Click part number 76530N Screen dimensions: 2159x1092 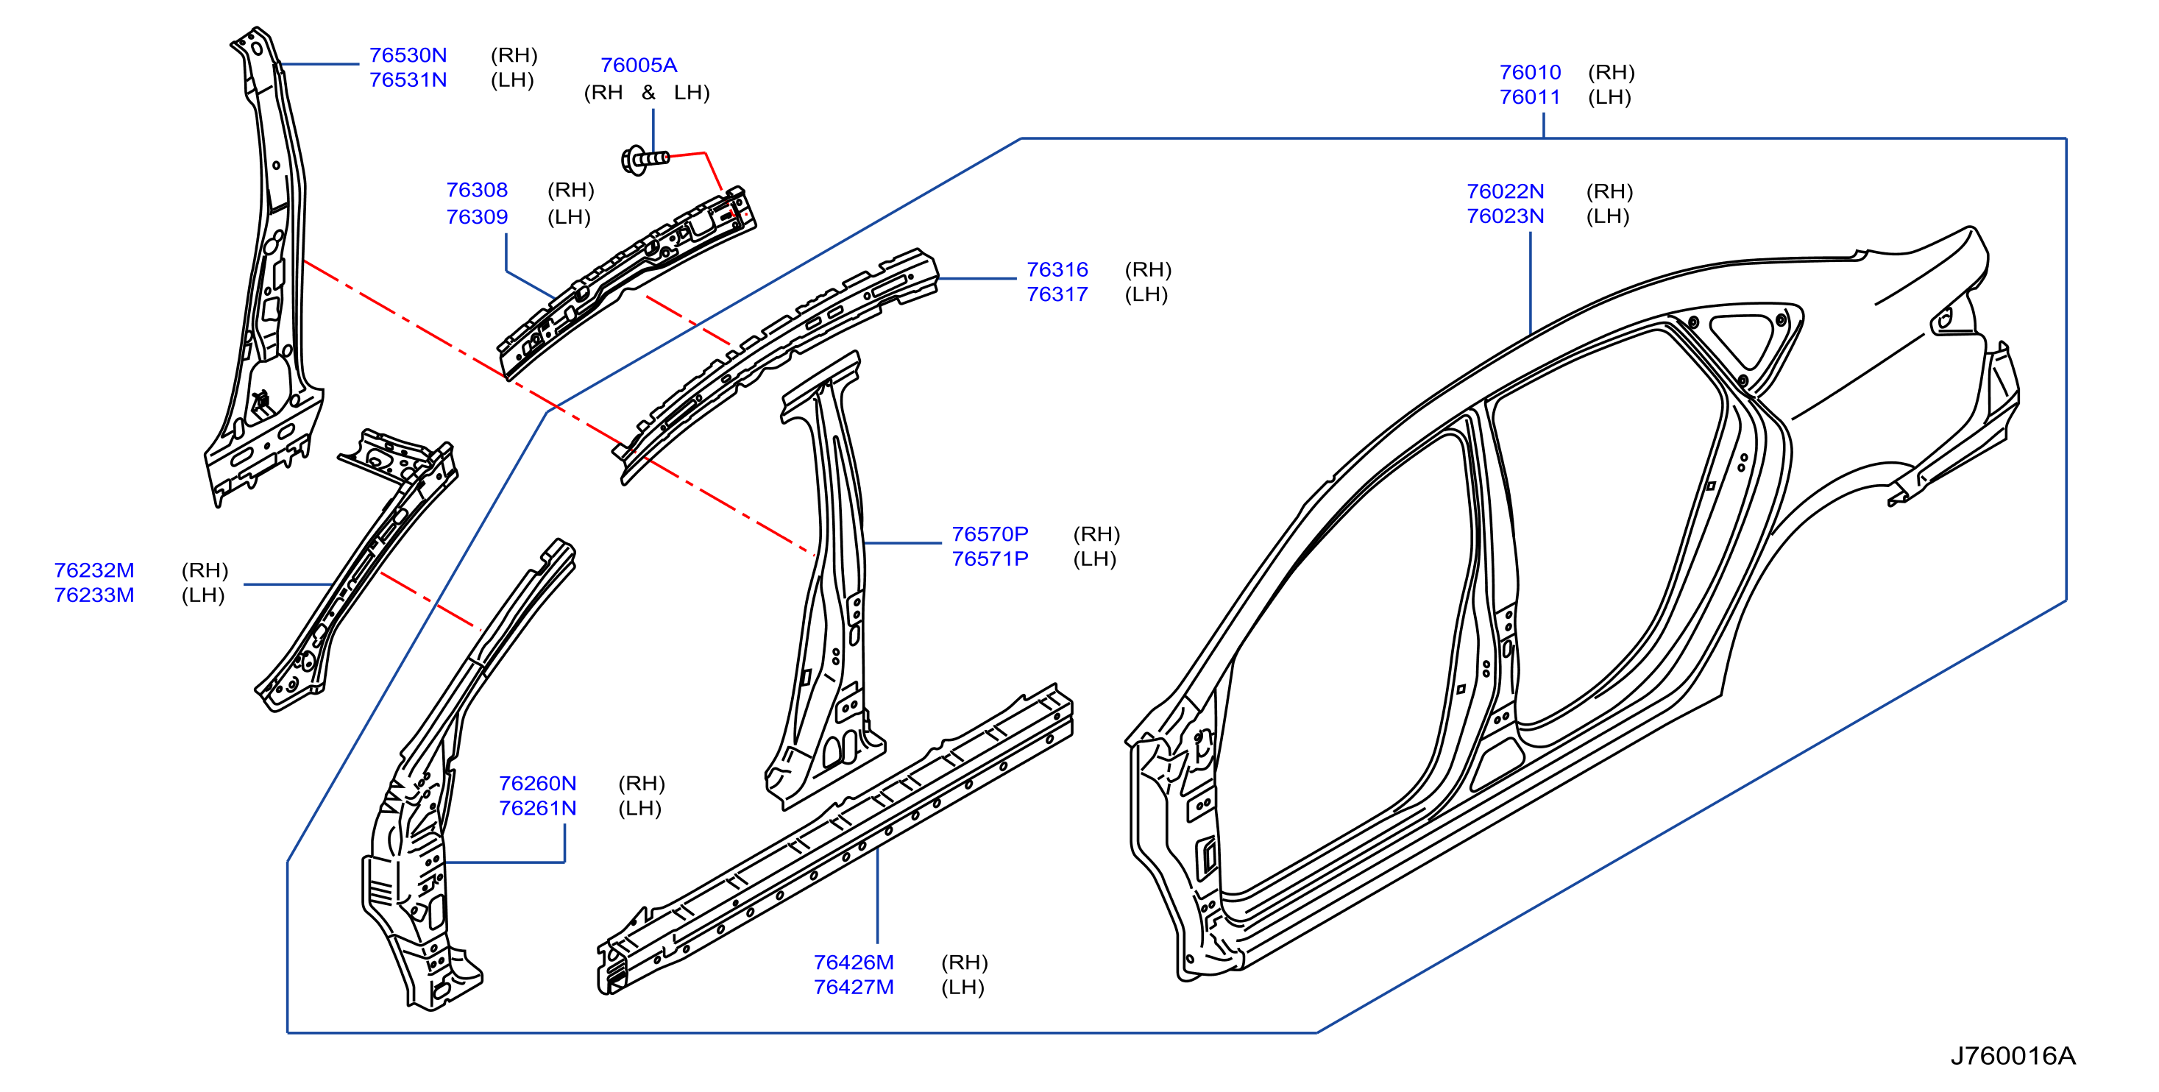408,55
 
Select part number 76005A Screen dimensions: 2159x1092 639,65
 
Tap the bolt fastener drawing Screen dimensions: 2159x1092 645,158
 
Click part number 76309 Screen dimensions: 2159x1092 477,217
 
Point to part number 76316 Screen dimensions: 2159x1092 1057,270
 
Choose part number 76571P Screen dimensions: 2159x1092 990,559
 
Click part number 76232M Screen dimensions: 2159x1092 94,571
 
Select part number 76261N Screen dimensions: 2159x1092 538,809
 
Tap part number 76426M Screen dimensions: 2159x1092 854,963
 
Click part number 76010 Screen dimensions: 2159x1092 1531,73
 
